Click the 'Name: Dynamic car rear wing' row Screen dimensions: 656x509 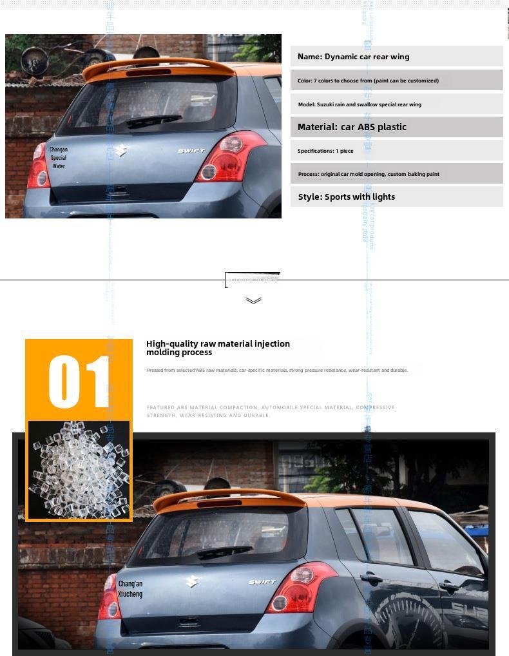[x=396, y=57]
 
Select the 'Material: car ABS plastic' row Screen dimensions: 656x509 [x=396, y=127]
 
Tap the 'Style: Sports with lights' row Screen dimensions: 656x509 [x=396, y=197]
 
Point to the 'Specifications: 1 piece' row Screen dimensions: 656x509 [x=396, y=151]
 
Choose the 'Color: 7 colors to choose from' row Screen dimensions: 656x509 [x=396, y=81]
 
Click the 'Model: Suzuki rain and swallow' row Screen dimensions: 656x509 [x=396, y=104]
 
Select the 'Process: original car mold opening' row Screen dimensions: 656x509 [x=396, y=174]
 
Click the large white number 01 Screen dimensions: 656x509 [x=79, y=381]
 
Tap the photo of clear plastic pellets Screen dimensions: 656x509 [x=79, y=470]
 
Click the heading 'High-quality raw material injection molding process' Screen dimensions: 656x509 [x=218, y=348]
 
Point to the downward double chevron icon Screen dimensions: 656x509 [x=253, y=300]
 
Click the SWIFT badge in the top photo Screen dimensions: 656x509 [x=191, y=151]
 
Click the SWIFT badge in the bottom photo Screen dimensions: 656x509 [x=262, y=582]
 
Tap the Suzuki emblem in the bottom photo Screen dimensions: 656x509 [x=191, y=581]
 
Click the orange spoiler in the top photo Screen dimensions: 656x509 [x=158, y=66]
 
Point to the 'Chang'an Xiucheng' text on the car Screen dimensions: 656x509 [x=130, y=589]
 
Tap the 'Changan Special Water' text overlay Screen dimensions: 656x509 [x=59, y=157]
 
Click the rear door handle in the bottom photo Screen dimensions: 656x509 [x=371, y=578]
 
